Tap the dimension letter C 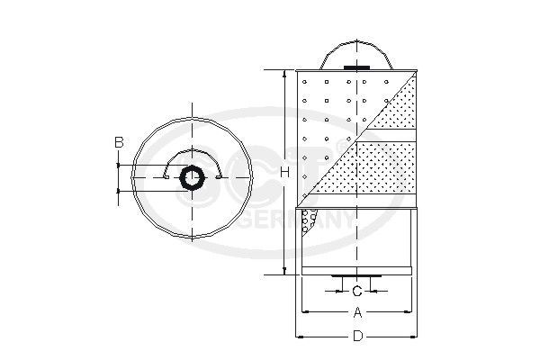tap(357, 291)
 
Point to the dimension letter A tap(357, 313)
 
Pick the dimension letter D tap(357, 337)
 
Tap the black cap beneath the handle tap(357, 67)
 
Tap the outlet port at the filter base tap(357, 275)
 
